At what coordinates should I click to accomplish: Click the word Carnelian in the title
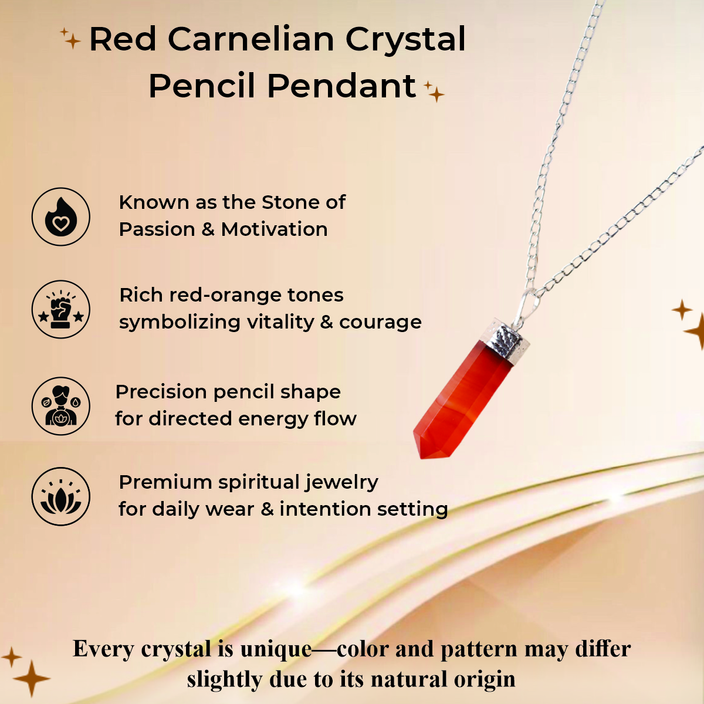tap(251, 40)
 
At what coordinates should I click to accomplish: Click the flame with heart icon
tap(61, 216)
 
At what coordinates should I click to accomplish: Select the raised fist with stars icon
tap(61, 309)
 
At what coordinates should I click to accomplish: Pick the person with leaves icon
tap(61, 405)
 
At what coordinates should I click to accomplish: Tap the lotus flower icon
tap(61, 496)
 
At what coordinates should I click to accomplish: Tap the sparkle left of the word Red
tap(71, 40)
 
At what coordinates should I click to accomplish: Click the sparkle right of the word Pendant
tap(435, 92)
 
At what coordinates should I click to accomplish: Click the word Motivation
tap(275, 229)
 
